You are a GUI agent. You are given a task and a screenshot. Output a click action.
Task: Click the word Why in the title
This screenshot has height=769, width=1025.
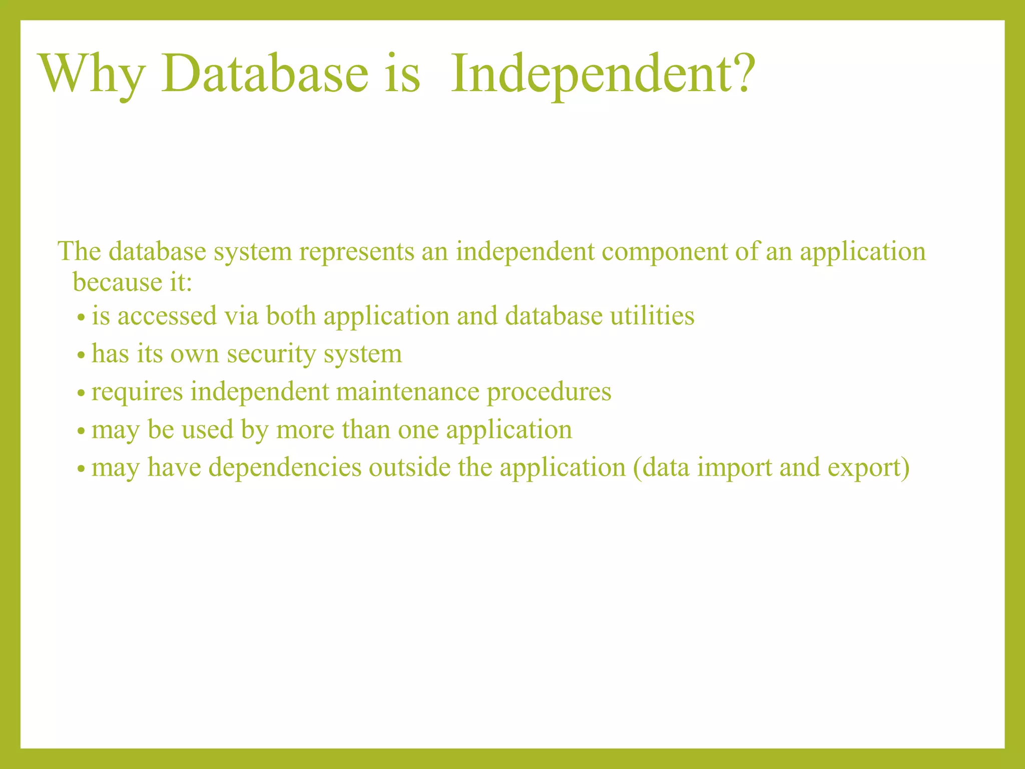tap(93, 75)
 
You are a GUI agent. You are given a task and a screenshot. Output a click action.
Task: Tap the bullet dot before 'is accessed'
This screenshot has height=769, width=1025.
tap(81, 318)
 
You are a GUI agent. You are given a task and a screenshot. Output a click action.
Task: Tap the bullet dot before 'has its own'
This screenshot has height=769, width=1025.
tap(81, 356)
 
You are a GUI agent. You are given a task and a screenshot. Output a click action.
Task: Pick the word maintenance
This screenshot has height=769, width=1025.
tap(407, 392)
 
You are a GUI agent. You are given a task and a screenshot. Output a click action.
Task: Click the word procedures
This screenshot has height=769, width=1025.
tap(549, 393)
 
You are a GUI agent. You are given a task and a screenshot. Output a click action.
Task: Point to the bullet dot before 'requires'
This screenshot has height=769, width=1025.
tap(81, 394)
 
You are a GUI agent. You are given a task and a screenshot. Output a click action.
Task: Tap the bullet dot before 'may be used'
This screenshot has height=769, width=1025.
tap(81, 432)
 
